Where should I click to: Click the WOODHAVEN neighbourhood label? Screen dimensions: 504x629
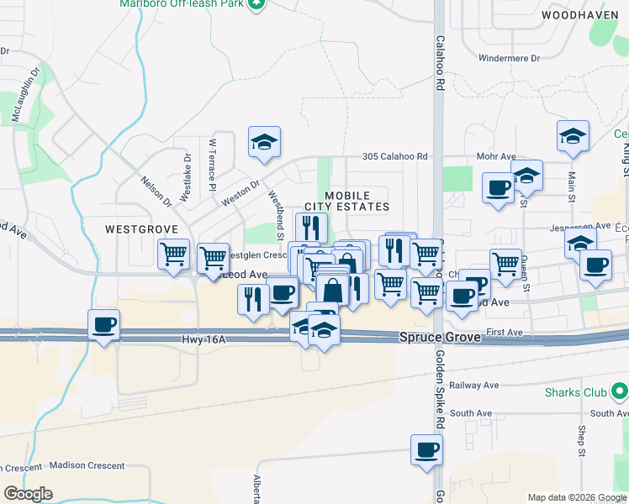(575, 15)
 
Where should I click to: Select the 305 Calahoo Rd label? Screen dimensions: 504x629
(395, 156)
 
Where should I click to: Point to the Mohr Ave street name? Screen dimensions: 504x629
(495, 156)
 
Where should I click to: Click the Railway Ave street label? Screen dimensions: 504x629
(473, 385)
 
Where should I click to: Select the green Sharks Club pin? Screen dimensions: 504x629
(620, 391)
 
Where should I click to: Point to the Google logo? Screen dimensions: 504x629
(28, 493)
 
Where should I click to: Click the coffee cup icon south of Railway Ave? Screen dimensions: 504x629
(427, 450)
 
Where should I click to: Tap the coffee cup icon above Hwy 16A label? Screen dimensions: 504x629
(104, 325)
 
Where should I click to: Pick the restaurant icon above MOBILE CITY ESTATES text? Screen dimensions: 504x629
(311, 227)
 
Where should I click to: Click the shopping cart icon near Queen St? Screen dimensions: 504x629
(505, 263)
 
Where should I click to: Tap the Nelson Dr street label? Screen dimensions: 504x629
(156, 192)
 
